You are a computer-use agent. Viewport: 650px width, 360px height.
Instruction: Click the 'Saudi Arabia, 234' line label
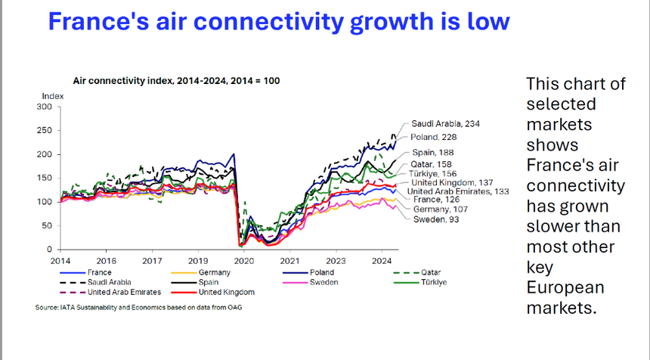[446, 123]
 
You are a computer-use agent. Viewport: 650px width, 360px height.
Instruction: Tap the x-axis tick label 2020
[243, 260]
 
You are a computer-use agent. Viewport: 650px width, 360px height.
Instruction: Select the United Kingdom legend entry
[227, 292]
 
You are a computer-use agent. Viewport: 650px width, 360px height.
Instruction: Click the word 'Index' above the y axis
[53, 96]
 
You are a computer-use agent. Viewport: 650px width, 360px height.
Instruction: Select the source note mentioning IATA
[138, 307]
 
